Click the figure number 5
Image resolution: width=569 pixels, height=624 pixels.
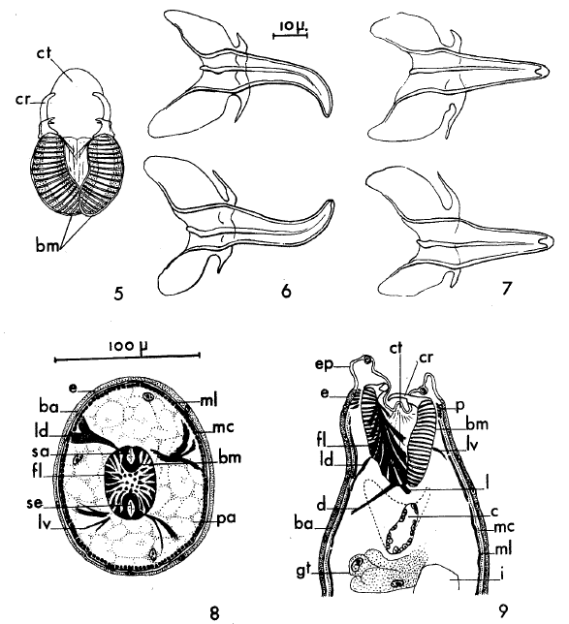point(118,294)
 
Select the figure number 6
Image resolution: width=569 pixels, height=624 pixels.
point(286,292)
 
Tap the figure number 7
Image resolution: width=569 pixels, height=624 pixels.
point(506,289)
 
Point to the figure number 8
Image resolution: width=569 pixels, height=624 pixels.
point(214,613)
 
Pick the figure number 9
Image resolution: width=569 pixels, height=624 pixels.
point(503,610)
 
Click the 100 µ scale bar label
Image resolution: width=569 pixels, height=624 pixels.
point(127,346)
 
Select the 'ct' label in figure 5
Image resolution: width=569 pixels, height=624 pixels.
point(45,53)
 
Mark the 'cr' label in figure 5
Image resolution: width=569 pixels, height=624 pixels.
point(22,100)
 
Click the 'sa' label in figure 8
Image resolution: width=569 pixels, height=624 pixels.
point(40,452)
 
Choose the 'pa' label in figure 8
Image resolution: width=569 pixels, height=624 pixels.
point(227,519)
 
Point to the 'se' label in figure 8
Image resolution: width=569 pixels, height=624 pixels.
point(35,503)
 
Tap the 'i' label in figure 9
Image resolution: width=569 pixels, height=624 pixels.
point(503,575)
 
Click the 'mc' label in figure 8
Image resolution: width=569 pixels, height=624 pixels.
point(223,428)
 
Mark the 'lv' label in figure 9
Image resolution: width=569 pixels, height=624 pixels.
point(473,446)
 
